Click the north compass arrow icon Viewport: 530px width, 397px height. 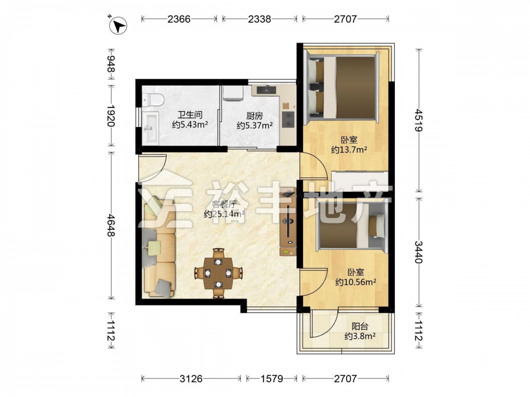tap(119, 25)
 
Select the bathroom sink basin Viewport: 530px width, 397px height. tap(150, 128)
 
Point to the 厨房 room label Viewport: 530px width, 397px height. tap(254, 116)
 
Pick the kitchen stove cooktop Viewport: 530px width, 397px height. tap(288, 120)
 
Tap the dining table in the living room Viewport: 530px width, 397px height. tap(218, 273)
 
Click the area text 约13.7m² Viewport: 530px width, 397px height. tap(349, 150)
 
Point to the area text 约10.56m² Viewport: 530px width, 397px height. tap(356, 282)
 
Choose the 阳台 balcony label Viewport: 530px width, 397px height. tap(360, 327)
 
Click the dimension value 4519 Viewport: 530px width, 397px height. tap(419, 120)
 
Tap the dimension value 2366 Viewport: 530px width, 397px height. tap(179, 19)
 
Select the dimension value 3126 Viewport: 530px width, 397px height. tap(191, 379)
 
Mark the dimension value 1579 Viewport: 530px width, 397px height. tap(272, 379)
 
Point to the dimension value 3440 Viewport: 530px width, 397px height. tap(419, 252)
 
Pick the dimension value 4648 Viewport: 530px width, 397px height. tap(111, 225)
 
